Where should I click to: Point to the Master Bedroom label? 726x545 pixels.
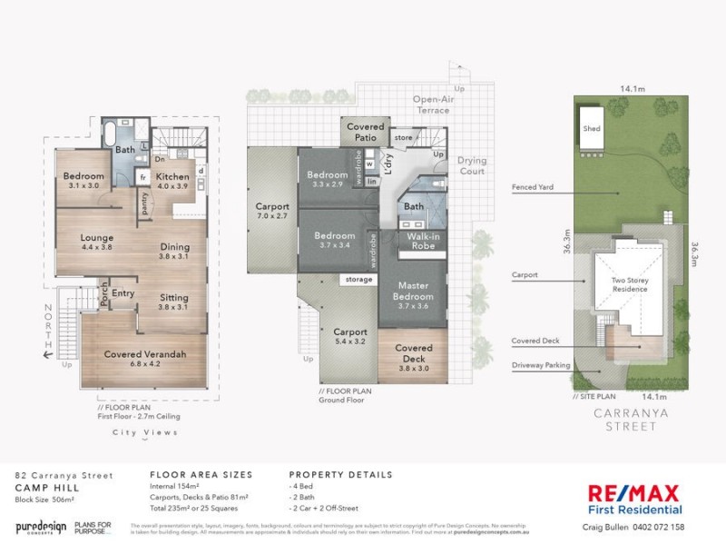pos(414,292)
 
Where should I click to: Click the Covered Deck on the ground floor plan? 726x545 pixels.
pos(414,353)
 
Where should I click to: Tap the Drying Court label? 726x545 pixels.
pos(472,164)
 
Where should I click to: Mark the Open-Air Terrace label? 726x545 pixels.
pos(431,104)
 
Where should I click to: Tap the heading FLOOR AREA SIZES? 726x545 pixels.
pos(200,474)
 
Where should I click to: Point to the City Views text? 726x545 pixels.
pos(138,432)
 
